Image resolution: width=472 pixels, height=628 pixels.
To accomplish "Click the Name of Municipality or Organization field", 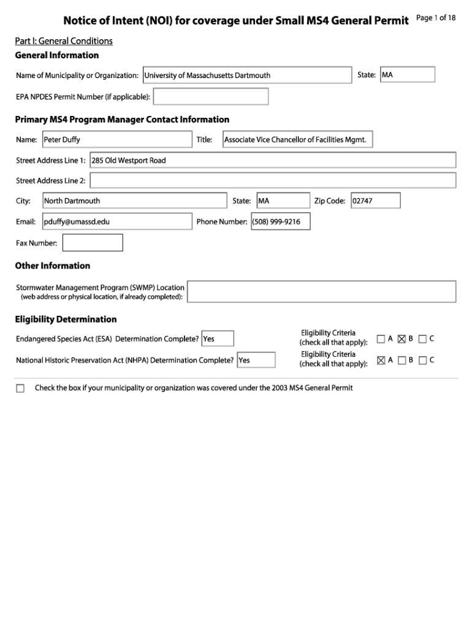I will click(x=247, y=75).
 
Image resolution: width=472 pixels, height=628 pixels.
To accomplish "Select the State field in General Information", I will click(x=407, y=75).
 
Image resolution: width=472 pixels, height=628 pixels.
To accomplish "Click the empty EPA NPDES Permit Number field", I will click(x=210, y=97).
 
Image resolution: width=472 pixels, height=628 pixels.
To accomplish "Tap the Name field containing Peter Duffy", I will click(x=116, y=140).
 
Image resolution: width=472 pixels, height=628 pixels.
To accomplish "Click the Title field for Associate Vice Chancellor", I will click(x=297, y=140).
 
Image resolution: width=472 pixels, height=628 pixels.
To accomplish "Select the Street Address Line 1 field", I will click(x=273, y=160).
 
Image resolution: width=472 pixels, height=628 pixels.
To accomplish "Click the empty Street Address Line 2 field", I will click(x=273, y=180).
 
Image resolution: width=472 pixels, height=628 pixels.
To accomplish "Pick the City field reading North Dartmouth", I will click(x=134, y=201).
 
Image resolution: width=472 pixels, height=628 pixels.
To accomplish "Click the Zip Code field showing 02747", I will click(x=375, y=201).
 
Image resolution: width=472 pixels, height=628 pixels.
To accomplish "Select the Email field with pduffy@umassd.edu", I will click(x=116, y=221).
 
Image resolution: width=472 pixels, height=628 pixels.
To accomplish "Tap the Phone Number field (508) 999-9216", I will click(x=280, y=221).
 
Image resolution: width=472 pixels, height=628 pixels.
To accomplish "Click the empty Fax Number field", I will click(x=93, y=243).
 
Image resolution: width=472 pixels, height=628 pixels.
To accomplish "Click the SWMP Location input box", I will click(x=322, y=291).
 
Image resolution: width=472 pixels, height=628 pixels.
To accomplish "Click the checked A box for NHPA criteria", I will click(x=381, y=361).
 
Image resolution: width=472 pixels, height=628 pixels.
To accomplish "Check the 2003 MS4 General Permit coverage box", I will click(x=20, y=388).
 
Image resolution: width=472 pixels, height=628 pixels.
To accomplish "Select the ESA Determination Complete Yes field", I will click(x=217, y=339).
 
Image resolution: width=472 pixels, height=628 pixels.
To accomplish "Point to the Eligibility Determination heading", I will click(x=66, y=320).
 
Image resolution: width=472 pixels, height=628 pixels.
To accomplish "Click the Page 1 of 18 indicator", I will click(x=436, y=18).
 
